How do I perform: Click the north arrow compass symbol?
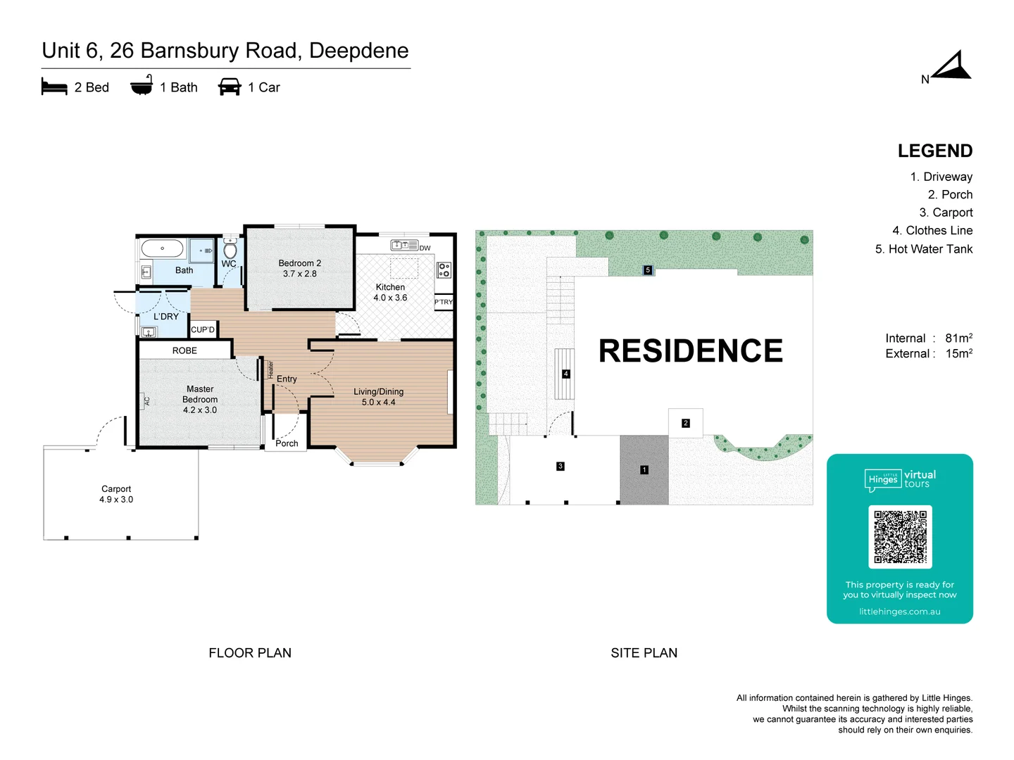pos(952,68)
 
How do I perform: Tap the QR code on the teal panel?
pos(900,536)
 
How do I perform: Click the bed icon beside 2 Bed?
pos(54,87)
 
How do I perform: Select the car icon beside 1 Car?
pos(230,87)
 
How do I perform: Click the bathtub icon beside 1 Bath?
pos(142,86)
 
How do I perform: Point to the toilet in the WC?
pos(230,249)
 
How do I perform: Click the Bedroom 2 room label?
pos(299,268)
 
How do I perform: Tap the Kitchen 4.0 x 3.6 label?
pos(390,292)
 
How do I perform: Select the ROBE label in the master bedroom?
pos(184,350)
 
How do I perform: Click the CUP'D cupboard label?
pos(203,329)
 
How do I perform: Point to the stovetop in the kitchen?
pos(444,270)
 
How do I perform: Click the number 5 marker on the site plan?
pos(648,270)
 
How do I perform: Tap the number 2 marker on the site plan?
pos(685,423)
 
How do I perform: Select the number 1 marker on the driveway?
pos(644,469)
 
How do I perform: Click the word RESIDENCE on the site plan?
pos(690,351)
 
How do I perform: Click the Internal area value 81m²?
pos(958,338)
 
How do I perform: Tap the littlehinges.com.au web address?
pos(899,612)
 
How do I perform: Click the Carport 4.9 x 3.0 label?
pos(116,494)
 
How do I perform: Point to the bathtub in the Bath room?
pos(162,248)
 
